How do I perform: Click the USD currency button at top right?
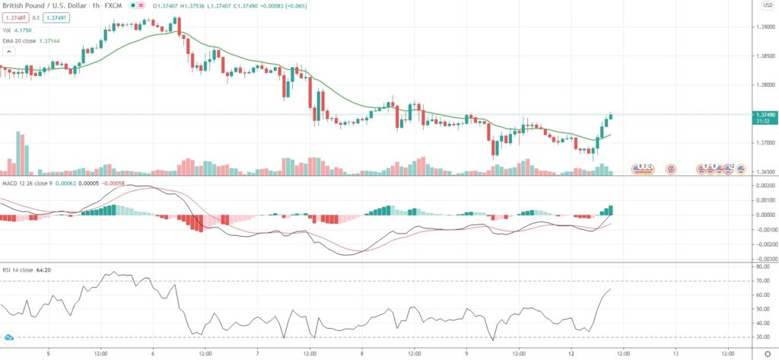[767, 6]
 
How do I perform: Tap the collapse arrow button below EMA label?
[9, 52]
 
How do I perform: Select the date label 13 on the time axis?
[675, 352]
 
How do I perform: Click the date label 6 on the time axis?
[153, 352]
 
